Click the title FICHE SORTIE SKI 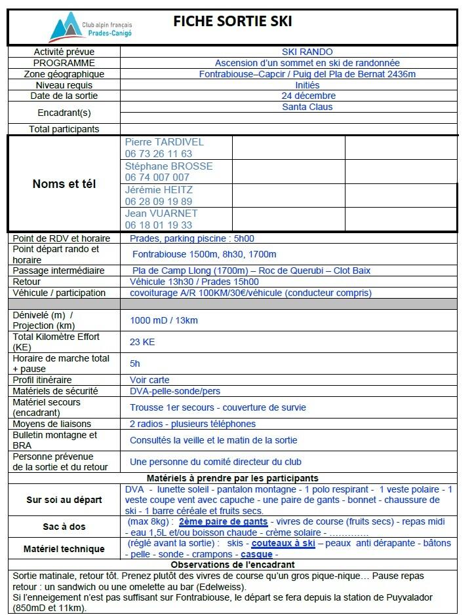pos(232,22)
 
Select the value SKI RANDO pos(307,52)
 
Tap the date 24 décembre pos(307,96)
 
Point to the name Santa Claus pos(307,107)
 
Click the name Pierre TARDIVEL pos(164,142)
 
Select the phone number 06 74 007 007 pos(157,177)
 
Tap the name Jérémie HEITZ pos(159,190)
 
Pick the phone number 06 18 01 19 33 pos(158,225)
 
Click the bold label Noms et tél pos(64,184)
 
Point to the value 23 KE pos(142,342)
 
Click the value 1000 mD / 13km pos(163,320)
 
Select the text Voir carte pos(149,380)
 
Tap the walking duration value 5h pos(135,363)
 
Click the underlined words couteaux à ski pos(283,544)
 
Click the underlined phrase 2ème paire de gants pos(223,522)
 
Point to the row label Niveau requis pos(64,85)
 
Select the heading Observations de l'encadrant pos(232,565)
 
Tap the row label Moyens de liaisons pos(52,424)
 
